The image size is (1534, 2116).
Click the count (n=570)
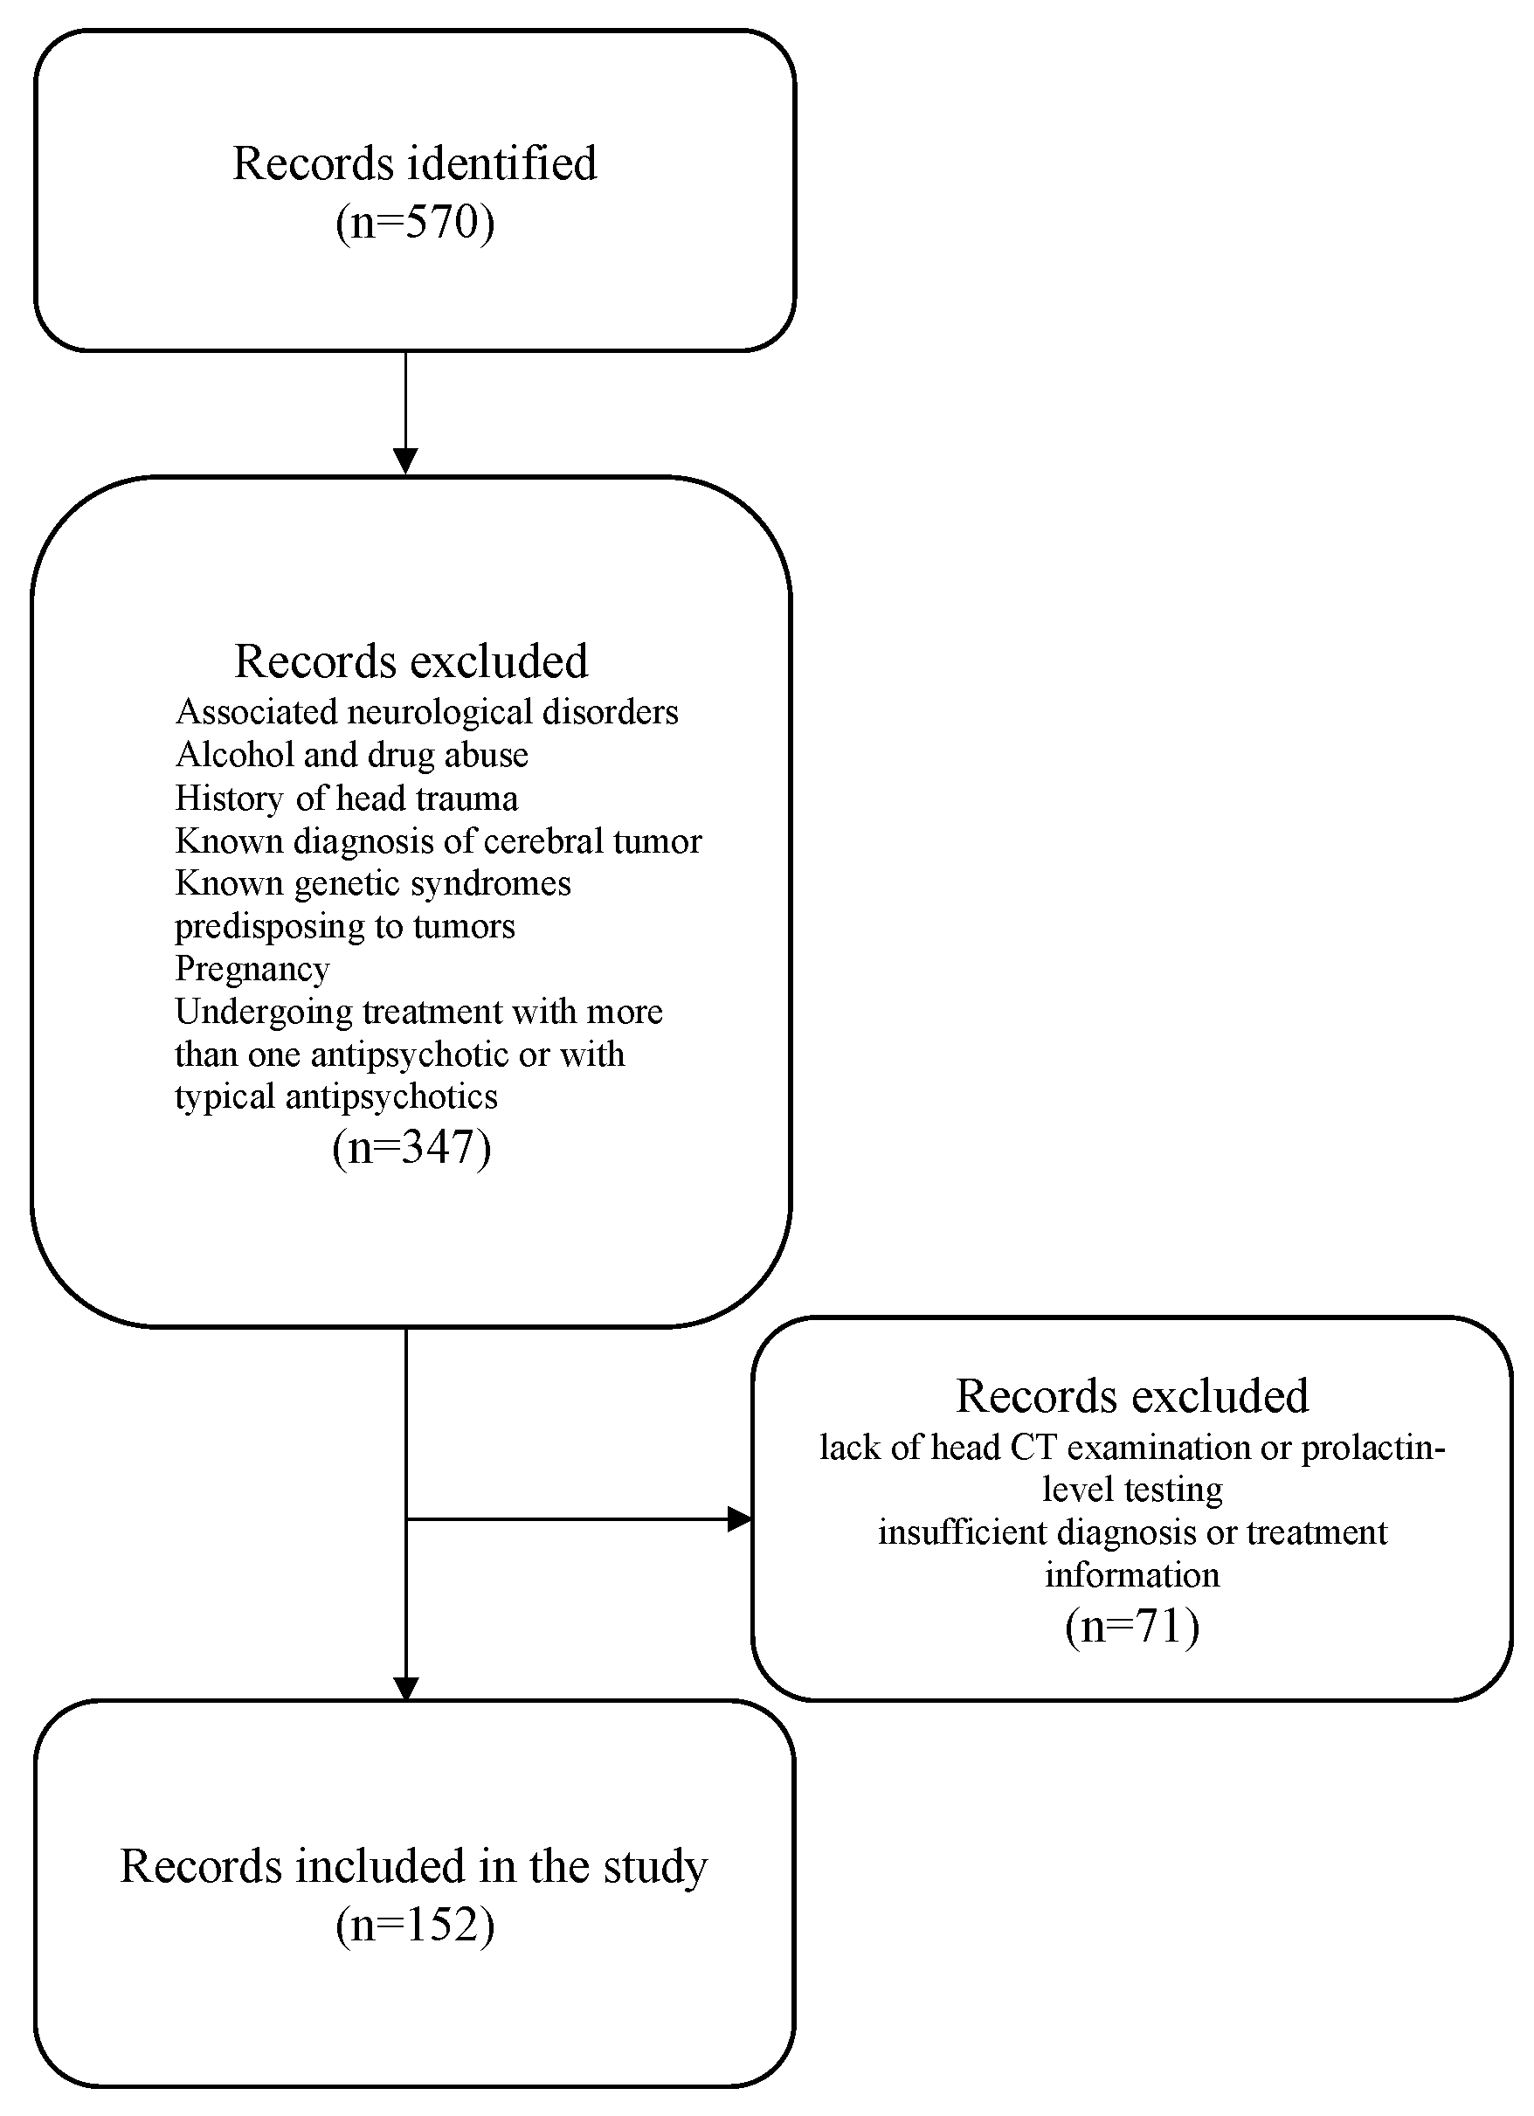[414, 223]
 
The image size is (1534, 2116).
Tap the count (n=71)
[1131, 1625]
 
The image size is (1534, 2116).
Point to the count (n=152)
[414, 1924]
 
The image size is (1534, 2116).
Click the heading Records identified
[414, 163]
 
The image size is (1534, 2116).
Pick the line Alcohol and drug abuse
[352, 754]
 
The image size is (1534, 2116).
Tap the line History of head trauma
[346, 798]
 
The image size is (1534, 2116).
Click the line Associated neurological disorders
[426, 712]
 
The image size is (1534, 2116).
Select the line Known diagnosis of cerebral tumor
[438, 840]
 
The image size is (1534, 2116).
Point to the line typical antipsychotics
[336, 1096]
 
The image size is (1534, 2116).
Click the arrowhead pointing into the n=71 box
[740, 1519]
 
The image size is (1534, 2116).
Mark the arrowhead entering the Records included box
[406, 1690]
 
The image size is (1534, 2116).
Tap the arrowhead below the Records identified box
[406, 461]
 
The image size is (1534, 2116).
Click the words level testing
[1132, 1489]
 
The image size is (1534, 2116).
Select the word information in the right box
[1132, 1575]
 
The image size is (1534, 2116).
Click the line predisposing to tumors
[344, 926]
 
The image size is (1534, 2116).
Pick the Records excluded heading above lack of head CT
[1132, 1396]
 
